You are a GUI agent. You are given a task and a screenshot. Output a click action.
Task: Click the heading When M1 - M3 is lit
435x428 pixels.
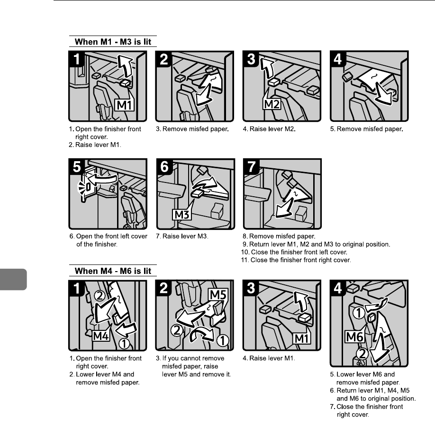(113, 41)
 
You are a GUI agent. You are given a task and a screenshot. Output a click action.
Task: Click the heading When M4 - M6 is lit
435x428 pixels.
(113, 271)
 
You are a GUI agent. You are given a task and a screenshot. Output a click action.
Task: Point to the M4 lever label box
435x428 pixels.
(100, 336)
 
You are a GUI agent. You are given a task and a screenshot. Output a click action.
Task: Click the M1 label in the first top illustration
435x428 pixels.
(124, 105)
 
